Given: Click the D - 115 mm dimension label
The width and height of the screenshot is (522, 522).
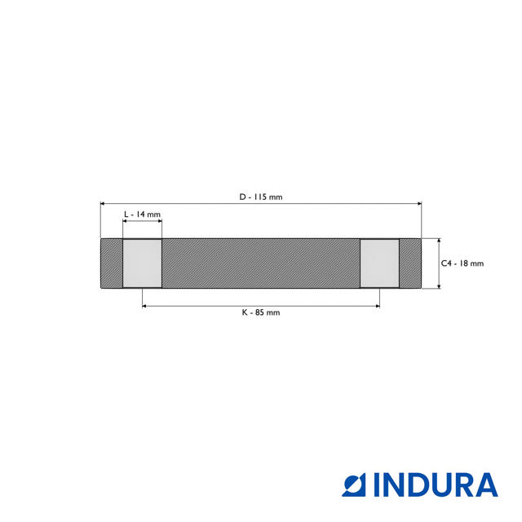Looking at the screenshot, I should (261, 197).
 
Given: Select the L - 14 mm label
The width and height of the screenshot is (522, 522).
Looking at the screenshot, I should (142, 214).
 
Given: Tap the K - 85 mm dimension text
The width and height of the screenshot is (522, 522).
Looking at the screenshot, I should (261, 312).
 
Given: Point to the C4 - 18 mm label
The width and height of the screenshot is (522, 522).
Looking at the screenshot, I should (462, 263).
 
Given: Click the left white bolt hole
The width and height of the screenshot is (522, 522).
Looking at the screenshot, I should (142, 263).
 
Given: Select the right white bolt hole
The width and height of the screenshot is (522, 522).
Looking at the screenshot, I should (380, 263).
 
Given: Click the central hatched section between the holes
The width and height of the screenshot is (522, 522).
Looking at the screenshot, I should (261, 263).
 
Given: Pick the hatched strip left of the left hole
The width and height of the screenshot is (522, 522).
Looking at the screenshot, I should (111, 263).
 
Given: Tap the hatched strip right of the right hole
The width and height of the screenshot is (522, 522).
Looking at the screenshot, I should (410, 263).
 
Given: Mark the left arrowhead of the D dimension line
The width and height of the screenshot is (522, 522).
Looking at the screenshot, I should (103, 204).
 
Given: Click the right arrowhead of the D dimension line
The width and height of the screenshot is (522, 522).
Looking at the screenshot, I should (419, 204).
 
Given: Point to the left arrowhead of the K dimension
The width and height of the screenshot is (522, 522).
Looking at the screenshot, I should (145, 306).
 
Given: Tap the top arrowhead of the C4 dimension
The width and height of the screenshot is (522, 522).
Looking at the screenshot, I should (439, 241).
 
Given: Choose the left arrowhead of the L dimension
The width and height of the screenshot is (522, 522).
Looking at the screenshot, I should (125, 221).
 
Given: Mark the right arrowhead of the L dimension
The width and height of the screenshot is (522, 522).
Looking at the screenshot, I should (159, 221).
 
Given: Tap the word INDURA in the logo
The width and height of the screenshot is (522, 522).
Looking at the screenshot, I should (436, 484).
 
